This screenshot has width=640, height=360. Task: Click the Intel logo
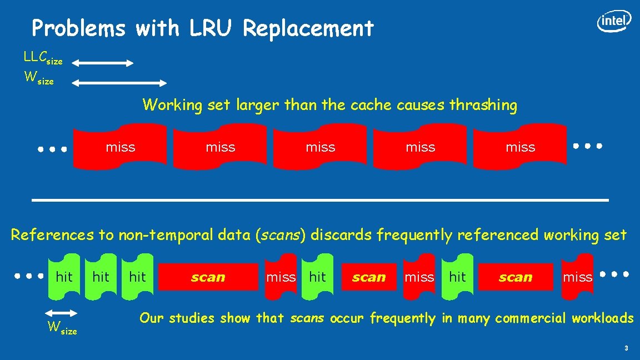(614, 21)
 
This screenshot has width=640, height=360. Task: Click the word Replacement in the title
(308, 28)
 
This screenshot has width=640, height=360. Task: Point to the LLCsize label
(43, 58)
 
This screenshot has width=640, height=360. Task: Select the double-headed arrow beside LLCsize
(103, 63)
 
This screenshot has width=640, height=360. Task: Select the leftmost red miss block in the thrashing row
(120, 147)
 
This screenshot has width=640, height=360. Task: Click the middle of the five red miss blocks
(320, 147)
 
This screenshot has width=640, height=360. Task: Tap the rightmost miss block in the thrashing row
(520, 147)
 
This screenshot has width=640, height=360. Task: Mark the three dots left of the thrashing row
(52, 149)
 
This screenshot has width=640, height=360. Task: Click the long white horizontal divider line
(320, 199)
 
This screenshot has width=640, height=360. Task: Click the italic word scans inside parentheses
(282, 235)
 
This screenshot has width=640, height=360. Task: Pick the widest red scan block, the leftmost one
(208, 277)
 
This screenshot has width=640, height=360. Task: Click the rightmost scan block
(515, 277)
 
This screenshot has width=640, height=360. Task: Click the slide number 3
(626, 348)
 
